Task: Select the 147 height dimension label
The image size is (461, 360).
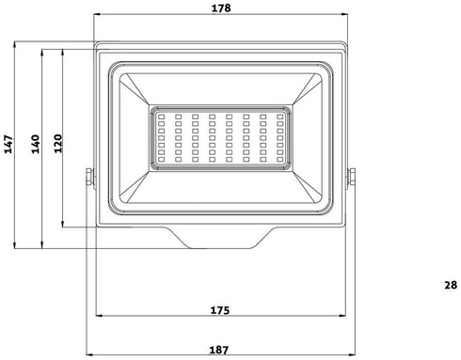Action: point(8,144)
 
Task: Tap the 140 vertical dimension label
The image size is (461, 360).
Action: point(34,144)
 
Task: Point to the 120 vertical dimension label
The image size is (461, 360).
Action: point(56,143)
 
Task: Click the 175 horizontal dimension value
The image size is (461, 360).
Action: point(221,309)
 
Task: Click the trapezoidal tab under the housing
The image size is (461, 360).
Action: point(221,237)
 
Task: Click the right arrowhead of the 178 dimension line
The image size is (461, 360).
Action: point(344,15)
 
